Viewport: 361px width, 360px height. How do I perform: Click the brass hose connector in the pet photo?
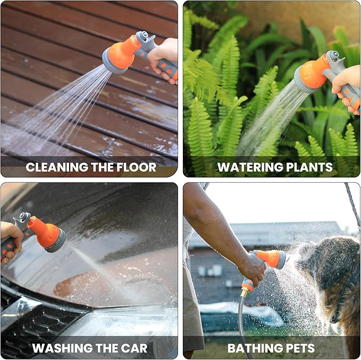coord(245,291)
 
